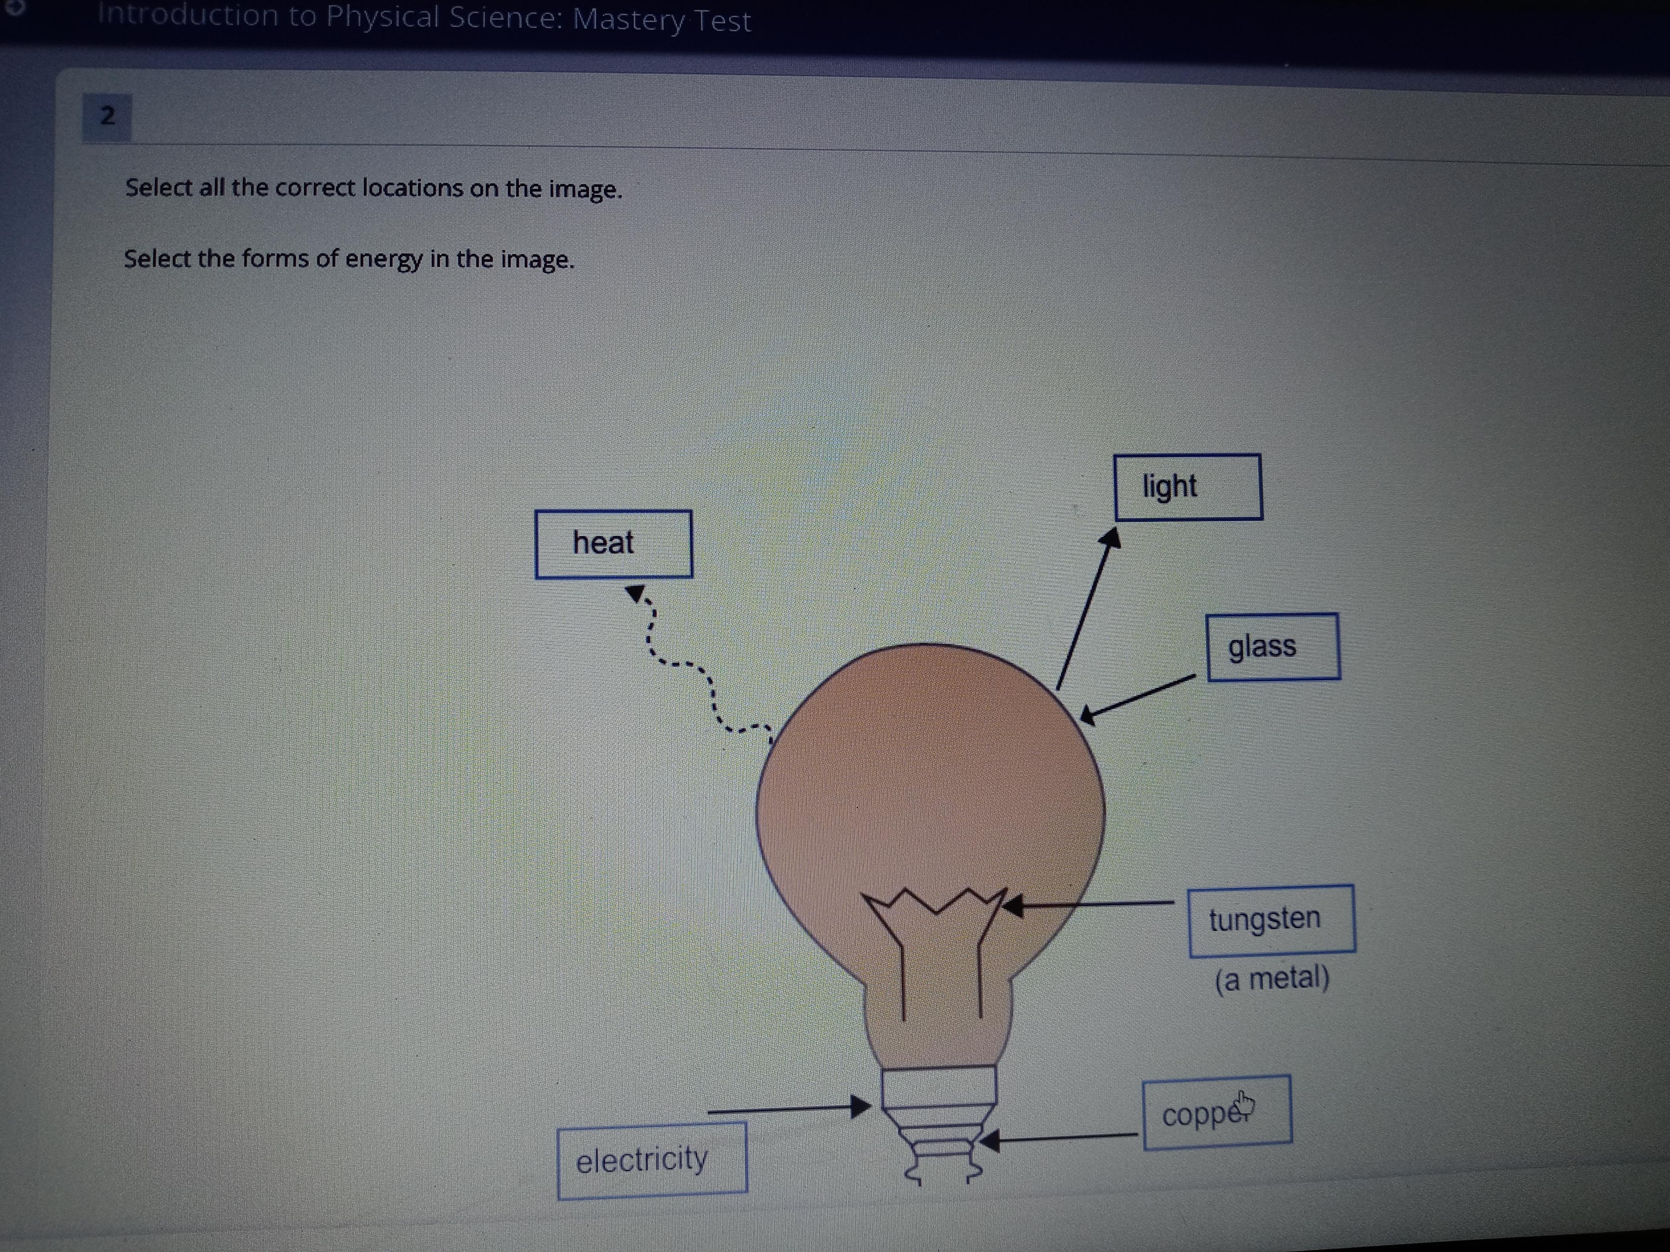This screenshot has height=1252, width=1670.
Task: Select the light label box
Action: [x=1187, y=487]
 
